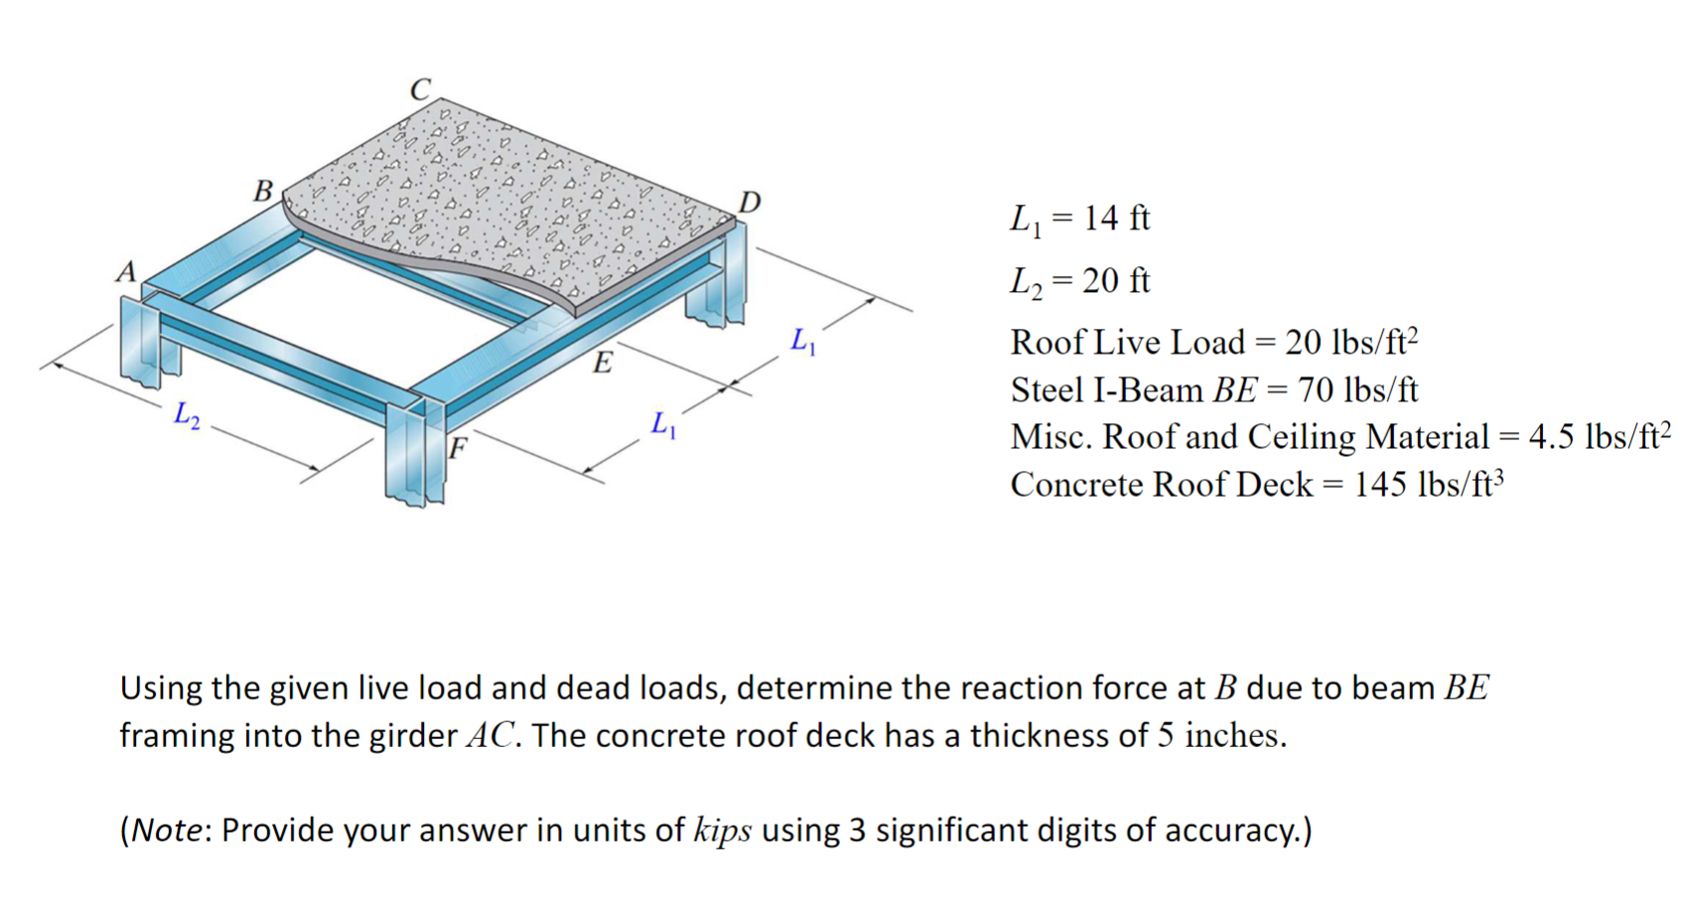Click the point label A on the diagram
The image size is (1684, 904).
pyautogui.click(x=125, y=270)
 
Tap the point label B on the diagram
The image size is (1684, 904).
pyautogui.click(x=263, y=189)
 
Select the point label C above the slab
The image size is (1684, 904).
pyautogui.click(x=421, y=89)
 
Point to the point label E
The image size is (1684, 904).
pyautogui.click(x=603, y=362)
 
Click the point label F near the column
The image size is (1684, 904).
pyautogui.click(x=457, y=447)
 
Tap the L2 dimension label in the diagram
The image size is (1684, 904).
pyautogui.click(x=187, y=413)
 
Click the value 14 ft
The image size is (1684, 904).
pyautogui.click(x=1116, y=218)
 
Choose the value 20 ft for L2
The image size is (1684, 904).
pyautogui.click(x=1116, y=281)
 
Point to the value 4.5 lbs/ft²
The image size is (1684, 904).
pyautogui.click(x=1599, y=436)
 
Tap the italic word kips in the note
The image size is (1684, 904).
pyautogui.click(x=722, y=829)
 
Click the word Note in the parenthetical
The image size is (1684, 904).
pyautogui.click(x=167, y=829)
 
